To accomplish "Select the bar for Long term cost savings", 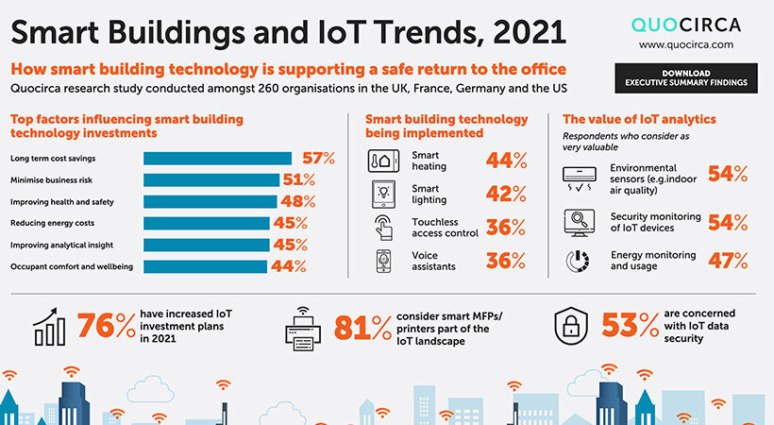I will pyautogui.click(x=220, y=158).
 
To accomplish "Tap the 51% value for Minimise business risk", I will pyautogui.click(x=298, y=179).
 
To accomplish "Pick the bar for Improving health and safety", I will pyautogui.click(x=210, y=201).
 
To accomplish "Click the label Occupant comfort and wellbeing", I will pyautogui.click(x=72, y=266).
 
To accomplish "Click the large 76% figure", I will pyautogui.click(x=106, y=326).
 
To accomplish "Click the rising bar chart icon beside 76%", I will pyautogui.click(x=49, y=327).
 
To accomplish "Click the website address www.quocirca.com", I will pyautogui.click(x=685, y=43).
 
